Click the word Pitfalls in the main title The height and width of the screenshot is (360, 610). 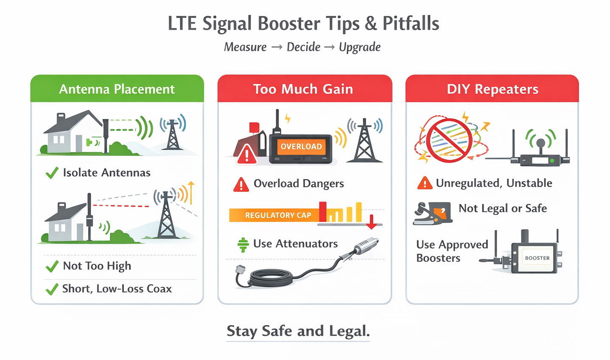[411, 23]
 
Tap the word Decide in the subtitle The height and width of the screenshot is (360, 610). [303, 47]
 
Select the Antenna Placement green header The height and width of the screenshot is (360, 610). [117, 89]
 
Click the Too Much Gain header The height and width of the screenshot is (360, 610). [305, 89]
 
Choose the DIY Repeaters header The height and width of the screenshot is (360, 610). [492, 89]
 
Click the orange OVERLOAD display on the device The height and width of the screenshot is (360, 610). [301, 146]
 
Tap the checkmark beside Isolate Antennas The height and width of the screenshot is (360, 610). [52, 173]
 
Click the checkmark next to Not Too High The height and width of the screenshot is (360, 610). [52, 266]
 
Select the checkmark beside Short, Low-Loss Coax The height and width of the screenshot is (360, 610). [52, 289]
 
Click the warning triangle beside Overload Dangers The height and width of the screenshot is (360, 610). [241, 185]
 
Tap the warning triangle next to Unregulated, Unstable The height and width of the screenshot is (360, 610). [425, 183]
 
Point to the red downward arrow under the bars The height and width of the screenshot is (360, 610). [371, 222]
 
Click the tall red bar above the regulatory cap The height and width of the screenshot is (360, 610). [323, 211]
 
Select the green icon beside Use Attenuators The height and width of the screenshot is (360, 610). [243, 245]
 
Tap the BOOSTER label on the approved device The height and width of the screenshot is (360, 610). [537, 258]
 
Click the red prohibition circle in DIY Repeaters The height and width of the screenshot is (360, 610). [449, 140]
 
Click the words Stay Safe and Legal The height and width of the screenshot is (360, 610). [298, 331]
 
